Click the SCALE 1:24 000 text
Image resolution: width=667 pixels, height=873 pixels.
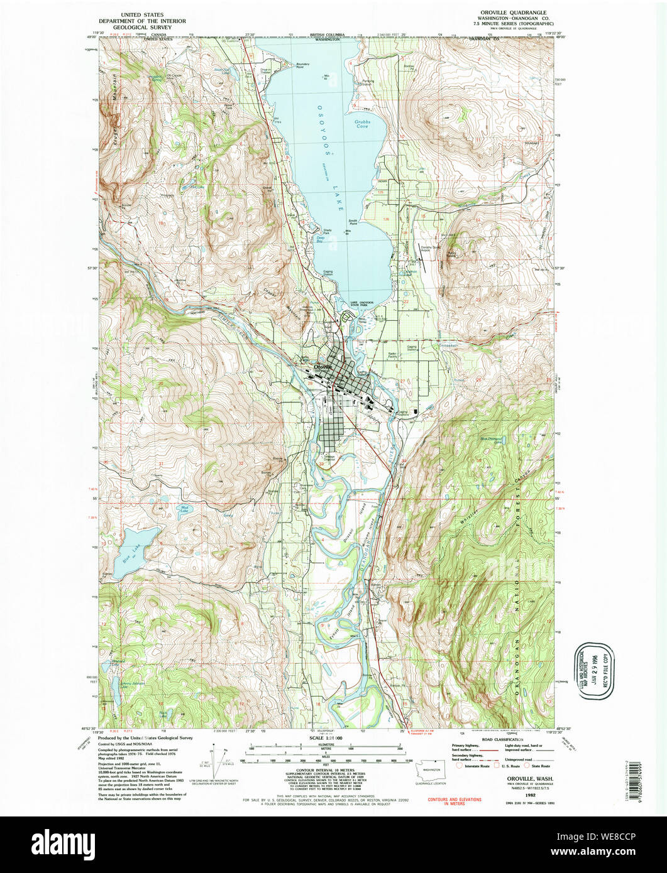click(326, 738)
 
